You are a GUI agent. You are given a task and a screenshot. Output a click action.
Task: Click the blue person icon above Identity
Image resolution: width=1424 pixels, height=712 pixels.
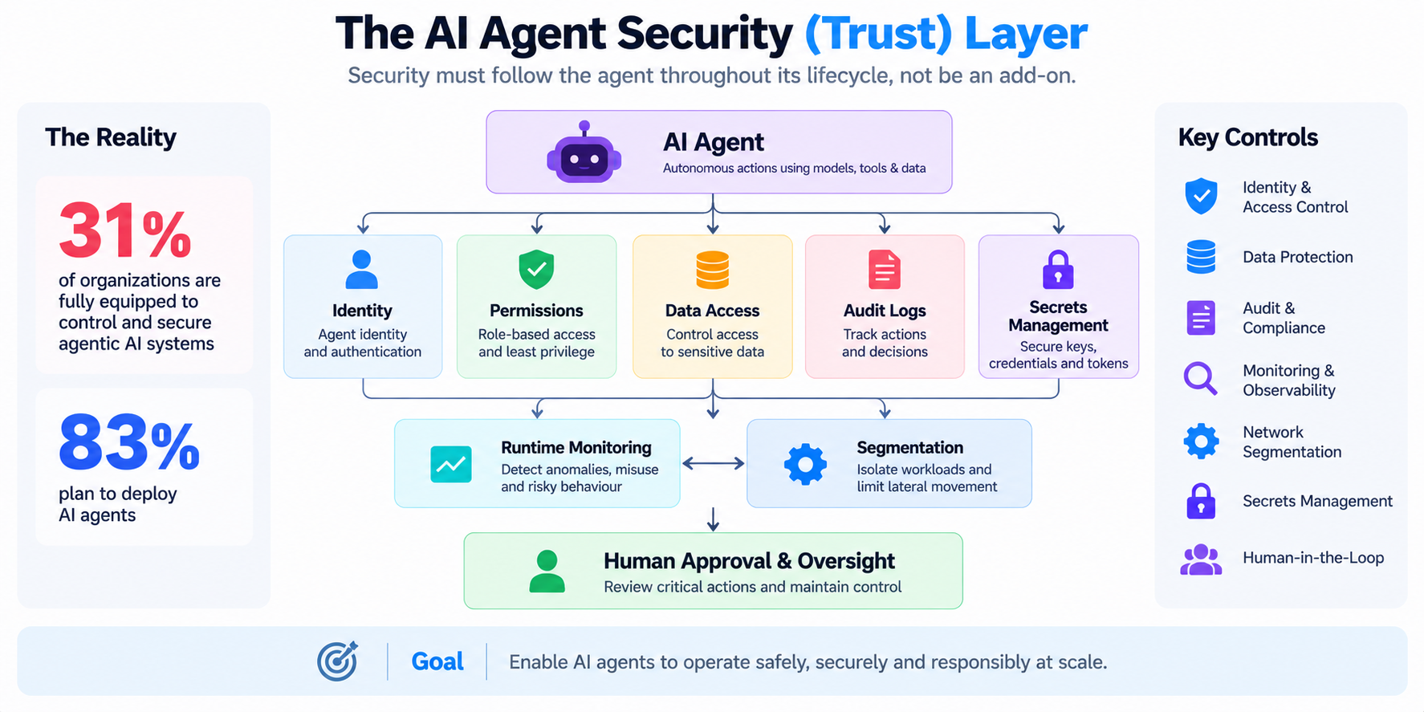coord(361,269)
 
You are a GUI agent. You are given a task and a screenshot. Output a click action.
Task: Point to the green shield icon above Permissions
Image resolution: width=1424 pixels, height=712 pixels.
coord(536,269)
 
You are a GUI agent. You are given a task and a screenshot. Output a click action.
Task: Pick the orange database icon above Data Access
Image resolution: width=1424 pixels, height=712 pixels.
coord(712,270)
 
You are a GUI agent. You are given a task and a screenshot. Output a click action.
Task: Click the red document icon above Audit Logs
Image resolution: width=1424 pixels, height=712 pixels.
coord(885,269)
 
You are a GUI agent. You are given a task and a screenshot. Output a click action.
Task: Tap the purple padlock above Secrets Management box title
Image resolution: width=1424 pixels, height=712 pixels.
coord(1058,269)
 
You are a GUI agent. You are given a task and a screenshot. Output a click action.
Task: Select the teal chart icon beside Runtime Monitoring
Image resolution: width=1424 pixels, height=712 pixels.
coord(451,464)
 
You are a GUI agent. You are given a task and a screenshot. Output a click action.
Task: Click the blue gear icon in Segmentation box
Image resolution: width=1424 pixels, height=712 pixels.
coord(805,464)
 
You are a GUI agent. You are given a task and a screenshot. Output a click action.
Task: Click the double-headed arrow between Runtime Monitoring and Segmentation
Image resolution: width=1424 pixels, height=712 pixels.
coord(714,463)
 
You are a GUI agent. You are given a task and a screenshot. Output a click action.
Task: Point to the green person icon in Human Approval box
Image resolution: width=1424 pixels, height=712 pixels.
coord(547,571)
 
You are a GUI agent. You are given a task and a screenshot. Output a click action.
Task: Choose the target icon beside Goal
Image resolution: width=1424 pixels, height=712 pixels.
coord(338,661)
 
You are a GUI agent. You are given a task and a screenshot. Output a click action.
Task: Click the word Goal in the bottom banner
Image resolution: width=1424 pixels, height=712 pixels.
coord(437,661)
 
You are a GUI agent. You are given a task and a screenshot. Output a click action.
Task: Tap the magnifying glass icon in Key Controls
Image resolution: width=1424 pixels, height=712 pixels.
coord(1201,378)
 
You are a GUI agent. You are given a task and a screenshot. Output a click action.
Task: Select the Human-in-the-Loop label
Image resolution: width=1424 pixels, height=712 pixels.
coord(1313,558)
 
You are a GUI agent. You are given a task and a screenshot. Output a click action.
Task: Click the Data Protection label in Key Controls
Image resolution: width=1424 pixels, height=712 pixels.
coord(1298,257)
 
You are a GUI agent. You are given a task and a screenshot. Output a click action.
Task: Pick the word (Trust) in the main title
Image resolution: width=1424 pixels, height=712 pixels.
coord(878,35)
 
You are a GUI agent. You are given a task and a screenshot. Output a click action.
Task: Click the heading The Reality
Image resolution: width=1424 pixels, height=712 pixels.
coord(111,137)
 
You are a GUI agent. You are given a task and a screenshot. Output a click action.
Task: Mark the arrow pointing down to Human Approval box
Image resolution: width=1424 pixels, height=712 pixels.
coord(713,519)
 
